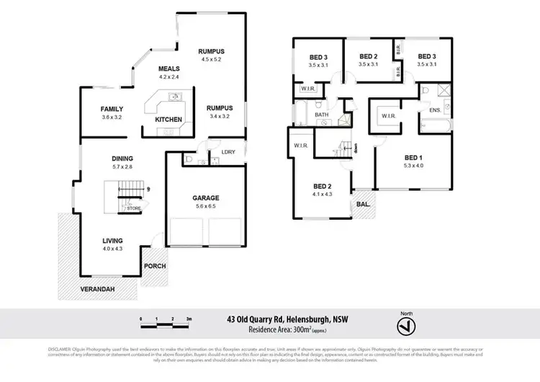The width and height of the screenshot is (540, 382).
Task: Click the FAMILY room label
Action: click(112, 109)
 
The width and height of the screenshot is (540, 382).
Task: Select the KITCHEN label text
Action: click(168, 119)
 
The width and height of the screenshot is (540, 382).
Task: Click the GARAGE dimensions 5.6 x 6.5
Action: click(206, 206)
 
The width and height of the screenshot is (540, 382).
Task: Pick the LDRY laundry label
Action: click(228, 151)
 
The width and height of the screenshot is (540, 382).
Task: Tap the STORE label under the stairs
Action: click(134, 208)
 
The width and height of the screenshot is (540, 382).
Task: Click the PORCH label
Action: click(155, 266)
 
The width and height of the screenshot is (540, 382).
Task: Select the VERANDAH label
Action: click(97, 290)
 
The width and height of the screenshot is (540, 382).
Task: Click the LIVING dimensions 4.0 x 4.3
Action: click(112, 249)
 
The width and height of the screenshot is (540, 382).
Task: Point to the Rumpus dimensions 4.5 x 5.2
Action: click(212, 60)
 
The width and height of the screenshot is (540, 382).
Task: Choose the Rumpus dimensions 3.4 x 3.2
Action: click(212, 116)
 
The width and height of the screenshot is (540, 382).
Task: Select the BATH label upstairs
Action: click(321, 115)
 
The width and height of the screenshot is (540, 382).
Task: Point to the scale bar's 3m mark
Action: click(189, 318)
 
